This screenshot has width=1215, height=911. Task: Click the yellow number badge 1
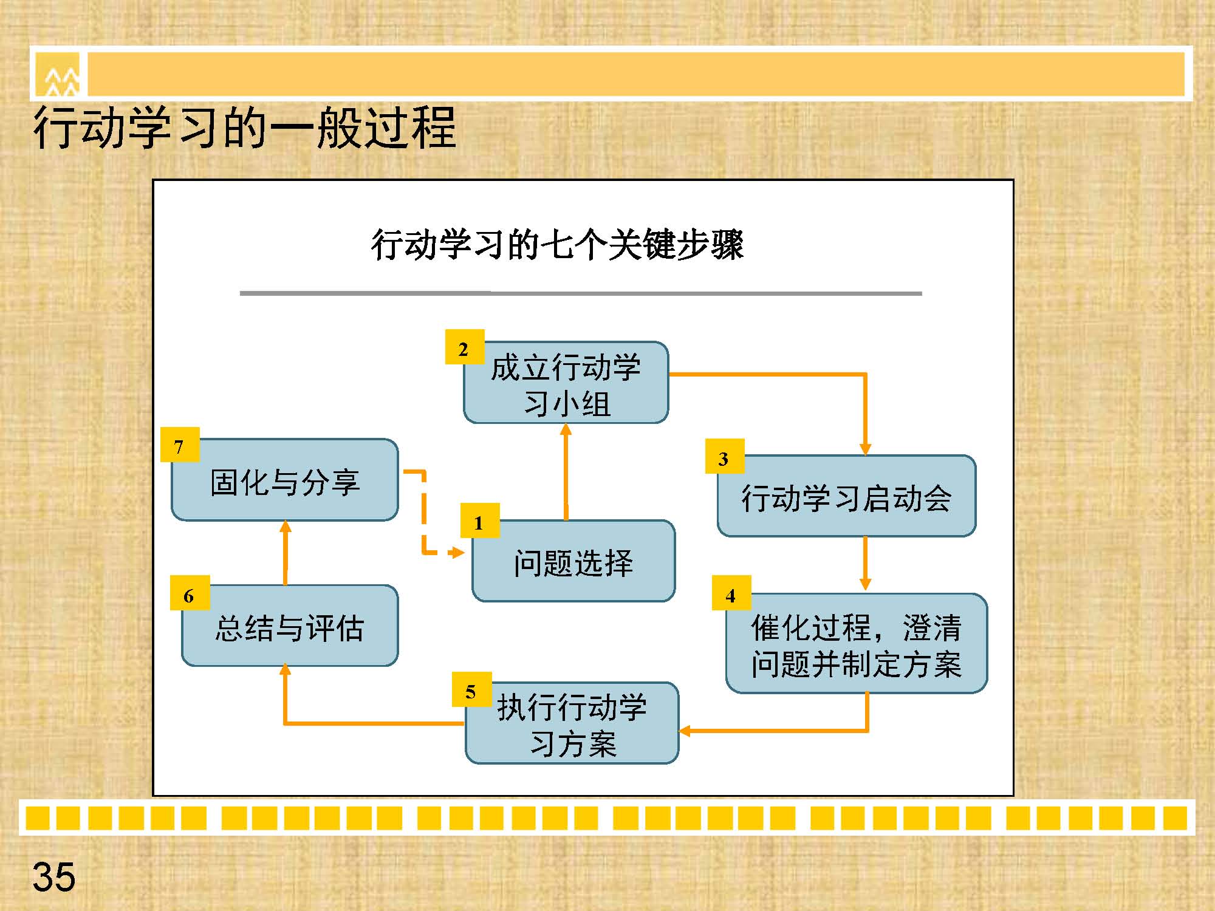tap(480, 520)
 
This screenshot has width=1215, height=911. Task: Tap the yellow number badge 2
tap(465, 347)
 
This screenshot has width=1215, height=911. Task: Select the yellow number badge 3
tap(725, 456)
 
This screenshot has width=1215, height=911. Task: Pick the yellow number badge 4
tap(731, 593)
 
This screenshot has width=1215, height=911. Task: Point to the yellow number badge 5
tap(471, 689)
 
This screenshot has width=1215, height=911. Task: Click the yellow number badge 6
tap(190, 593)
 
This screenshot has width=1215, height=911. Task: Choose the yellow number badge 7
tap(180, 445)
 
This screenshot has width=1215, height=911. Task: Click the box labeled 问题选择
tap(573, 561)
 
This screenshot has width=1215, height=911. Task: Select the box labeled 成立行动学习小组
tap(566, 383)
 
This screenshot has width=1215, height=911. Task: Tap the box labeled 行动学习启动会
tap(846, 496)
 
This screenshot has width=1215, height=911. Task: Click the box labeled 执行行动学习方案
tap(572, 723)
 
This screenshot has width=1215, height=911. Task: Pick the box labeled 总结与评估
tap(290, 626)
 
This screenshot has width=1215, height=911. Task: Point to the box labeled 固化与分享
tap(285, 480)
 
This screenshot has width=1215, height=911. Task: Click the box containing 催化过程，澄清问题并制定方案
tap(857, 643)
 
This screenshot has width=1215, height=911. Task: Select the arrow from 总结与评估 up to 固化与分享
tap(285, 553)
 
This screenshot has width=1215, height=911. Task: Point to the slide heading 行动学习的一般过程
tap(244, 128)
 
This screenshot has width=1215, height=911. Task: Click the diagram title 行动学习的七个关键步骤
tap(557, 245)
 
